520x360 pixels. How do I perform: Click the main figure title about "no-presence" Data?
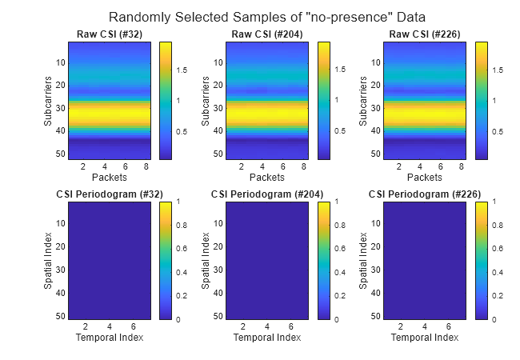[x=267, y=17]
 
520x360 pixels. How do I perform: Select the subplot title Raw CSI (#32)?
[x=108, y=34]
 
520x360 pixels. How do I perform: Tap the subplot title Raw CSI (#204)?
[x=266, y=34]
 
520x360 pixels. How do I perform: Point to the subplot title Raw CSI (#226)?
[x=424, y=34]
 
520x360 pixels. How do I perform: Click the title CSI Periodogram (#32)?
[x=108, y=194]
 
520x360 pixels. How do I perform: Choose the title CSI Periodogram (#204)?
[x=266, y=194]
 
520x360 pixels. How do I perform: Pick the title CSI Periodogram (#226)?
[x=424, y=194]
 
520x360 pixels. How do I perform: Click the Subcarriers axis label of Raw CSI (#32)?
[x=49, y=101]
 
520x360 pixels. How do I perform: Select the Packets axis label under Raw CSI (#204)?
[x=266, y=177]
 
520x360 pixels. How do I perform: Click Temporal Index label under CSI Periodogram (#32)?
[x=109, y=338]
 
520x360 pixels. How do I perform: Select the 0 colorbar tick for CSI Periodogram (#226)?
[x=496, y=319]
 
